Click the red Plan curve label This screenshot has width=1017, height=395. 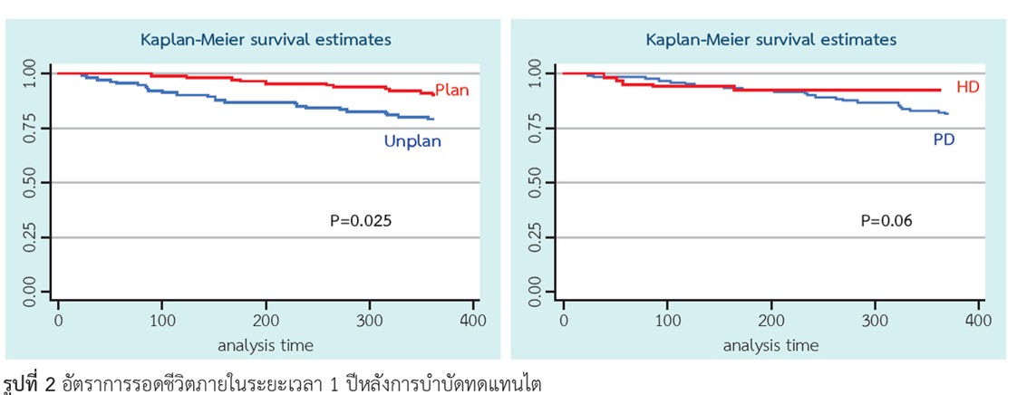click(451, 91)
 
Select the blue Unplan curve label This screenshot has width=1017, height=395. click(412, 141)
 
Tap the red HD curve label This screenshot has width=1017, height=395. click(968, 88)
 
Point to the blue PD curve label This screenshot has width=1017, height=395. click(944, 140)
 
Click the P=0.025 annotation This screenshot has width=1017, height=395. click(361, 221)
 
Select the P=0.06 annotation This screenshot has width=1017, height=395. click(886, 221)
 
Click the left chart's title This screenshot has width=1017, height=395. click(266, 40)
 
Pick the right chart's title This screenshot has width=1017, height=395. click(771, 40)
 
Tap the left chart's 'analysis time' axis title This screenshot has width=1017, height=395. click(266, 346)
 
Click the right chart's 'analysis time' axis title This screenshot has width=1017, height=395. click(771, 346)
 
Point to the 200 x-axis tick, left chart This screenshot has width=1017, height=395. click(266, 321)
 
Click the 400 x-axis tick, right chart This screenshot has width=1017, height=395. click(979, 321)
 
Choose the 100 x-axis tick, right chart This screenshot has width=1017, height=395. click(667, 321)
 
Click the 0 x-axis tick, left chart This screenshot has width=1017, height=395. click(58, 321)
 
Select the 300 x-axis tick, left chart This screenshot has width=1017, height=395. click(370, 321)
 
